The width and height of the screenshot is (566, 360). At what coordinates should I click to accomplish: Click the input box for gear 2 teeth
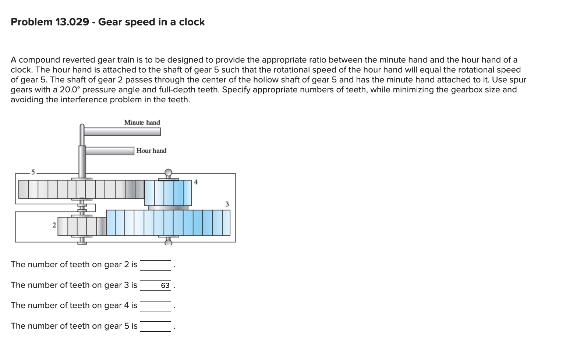coord(155,265)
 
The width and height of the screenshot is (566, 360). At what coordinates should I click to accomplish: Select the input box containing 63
coord(155,286)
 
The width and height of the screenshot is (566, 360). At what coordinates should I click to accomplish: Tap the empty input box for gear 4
coord(155,306)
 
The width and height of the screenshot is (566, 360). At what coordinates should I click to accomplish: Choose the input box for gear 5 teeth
coord(155,327)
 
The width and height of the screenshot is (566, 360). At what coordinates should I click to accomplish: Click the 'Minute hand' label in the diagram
coord(142,123)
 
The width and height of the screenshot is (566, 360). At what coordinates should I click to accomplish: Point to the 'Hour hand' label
coord(151,151)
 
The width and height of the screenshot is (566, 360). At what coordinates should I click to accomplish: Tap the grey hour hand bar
coord(110,151)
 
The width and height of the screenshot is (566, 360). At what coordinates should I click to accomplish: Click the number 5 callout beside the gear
coord(33,172)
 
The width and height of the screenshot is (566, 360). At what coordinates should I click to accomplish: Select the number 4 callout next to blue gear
coord(196,182)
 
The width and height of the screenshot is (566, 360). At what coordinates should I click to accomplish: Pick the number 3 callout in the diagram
coord(227,204)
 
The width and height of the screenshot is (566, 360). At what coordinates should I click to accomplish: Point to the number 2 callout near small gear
coord(54,225)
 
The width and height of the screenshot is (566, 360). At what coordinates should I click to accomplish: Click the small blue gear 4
coord(168,193)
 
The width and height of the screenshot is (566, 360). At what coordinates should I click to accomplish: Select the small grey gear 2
coord(82,226)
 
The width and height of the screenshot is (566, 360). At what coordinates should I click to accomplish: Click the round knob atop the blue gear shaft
coord(168,173)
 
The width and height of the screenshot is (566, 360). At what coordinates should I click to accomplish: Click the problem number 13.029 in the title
coord(72,22)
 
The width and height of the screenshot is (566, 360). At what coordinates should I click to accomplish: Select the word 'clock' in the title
coord(192,22)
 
